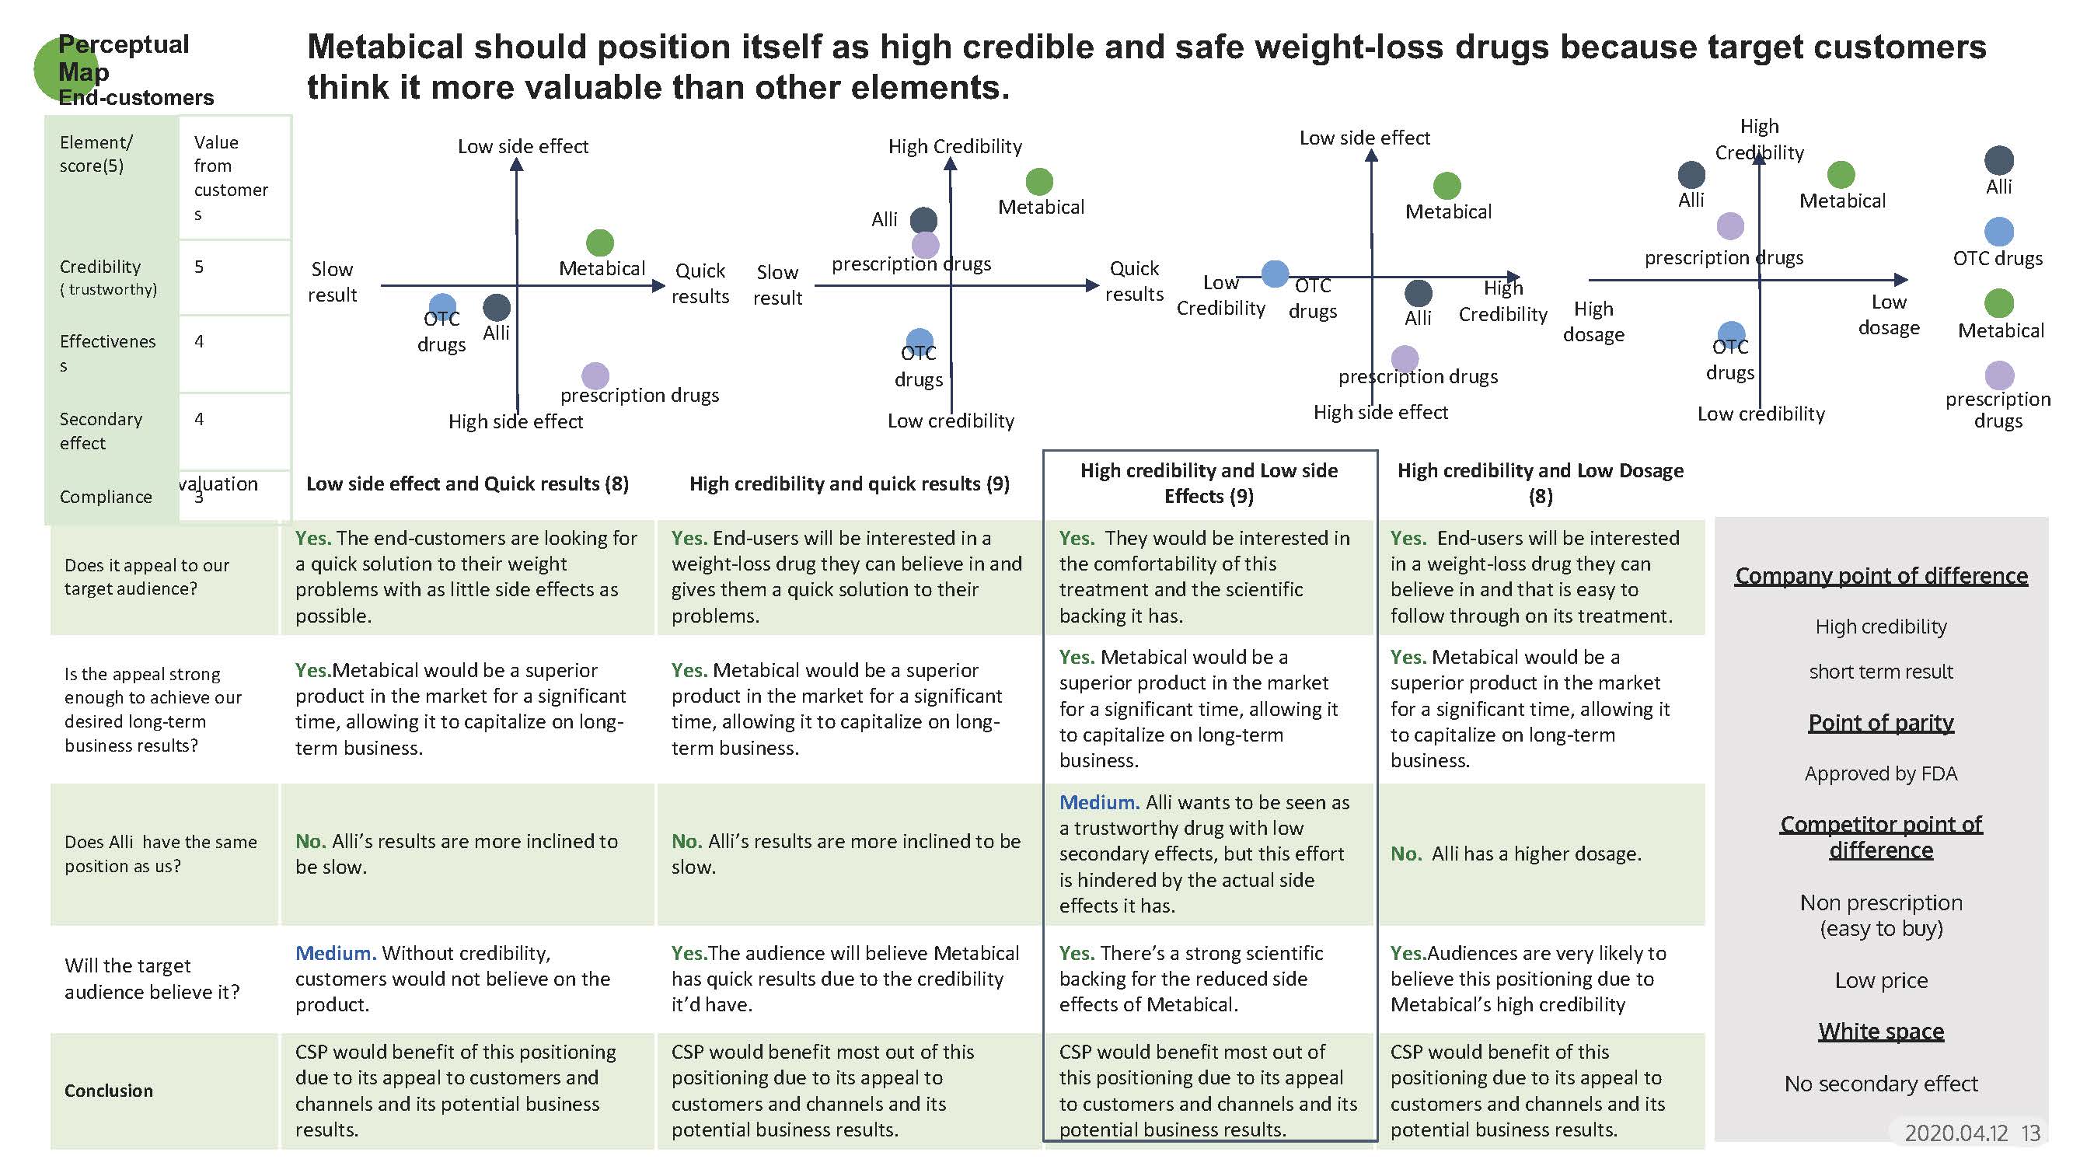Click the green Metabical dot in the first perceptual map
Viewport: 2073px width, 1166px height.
coord(599,243)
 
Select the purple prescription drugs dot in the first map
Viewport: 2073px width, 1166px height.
coord(595,375)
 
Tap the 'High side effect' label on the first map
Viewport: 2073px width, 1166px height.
coord(515,421)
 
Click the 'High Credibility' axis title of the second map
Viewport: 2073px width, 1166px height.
coord(954,146)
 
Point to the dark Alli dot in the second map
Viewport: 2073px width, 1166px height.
coord(923,220)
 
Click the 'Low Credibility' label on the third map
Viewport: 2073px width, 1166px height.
coord(1220,295)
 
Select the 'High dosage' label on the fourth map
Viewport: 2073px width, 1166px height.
coord(1593,321)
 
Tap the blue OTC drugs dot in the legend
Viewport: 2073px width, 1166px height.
coord(1998,232)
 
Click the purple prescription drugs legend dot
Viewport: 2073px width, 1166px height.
coord(1999,375)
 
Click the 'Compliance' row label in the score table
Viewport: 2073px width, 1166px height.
coord(106,497)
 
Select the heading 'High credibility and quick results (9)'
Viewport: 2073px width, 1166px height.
coord(848,484)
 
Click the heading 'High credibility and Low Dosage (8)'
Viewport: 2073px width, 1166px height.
coord(1540,483)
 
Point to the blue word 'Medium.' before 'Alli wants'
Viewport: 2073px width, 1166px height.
coord(1098,802)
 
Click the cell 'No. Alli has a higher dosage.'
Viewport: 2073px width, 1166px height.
coord(1516,854)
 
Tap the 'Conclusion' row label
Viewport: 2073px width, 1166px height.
coord(109,1091)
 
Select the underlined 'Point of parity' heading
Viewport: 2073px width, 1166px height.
coord(1880,723)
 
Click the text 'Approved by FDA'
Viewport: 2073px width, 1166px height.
coord(1880,773)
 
